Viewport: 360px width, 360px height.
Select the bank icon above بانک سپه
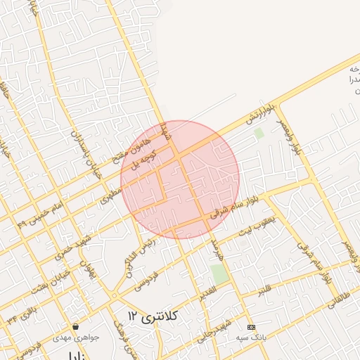(252, 328)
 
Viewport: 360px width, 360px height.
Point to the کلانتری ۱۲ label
(155, 317)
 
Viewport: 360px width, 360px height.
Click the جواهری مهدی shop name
(76, 338)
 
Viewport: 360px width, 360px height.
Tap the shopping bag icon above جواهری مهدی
(76, 327)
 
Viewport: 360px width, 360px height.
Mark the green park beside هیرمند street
(221, 274)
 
